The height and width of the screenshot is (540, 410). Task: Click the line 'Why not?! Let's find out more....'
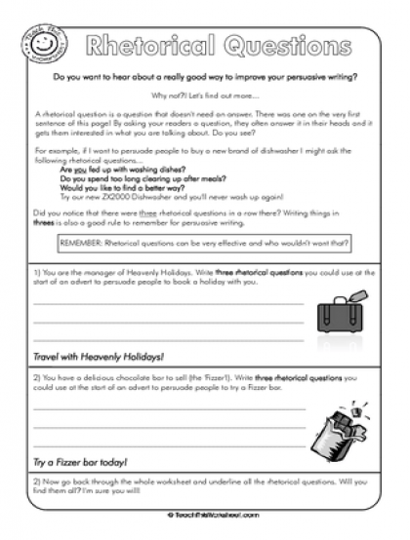205,95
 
